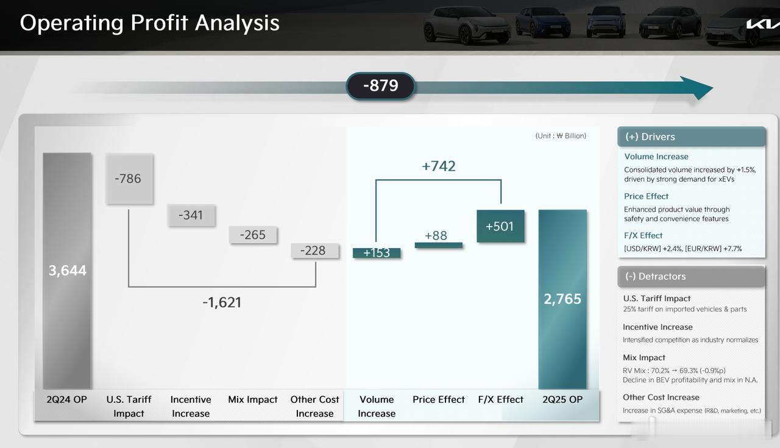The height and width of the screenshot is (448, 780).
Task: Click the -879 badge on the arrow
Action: click(x=380, y=86)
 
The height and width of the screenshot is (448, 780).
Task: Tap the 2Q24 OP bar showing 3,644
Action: click(x=67, y=271)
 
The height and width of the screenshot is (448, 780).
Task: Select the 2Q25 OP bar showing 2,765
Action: click(x=562, y=299)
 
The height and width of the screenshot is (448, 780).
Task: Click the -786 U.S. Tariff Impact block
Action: click(x=129, y=179)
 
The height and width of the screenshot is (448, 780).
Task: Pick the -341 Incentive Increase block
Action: click(x=191, y=215)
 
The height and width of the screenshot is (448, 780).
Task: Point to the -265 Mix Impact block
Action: click(x=253, y=235)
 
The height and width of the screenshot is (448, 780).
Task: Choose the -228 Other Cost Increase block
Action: click(x=315, y=251)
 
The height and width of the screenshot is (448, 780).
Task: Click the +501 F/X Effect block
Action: click(x=500, y=226)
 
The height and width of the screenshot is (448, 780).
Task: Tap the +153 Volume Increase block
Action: click(x=377, y=253)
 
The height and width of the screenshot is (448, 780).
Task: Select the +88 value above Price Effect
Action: click(x=436, y=235)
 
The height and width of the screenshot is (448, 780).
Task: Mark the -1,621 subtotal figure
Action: click(x=222, y=302)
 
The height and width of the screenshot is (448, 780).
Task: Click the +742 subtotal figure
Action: click(x=438, y=166)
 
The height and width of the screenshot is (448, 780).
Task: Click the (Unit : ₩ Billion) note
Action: click(x=561, y=136)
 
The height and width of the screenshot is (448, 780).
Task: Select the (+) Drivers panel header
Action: click(x=691, y=137)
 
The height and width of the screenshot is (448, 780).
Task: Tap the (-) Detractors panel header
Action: click(x=691, y=276)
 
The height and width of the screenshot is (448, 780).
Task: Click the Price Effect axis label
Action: click(x=438, y=399)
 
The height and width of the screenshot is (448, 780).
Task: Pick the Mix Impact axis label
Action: click(x=253, y=399)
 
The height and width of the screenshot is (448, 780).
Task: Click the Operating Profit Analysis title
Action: click(x=150, y=23)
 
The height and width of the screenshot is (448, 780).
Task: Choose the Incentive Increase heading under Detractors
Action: click(x=658, y=327)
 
